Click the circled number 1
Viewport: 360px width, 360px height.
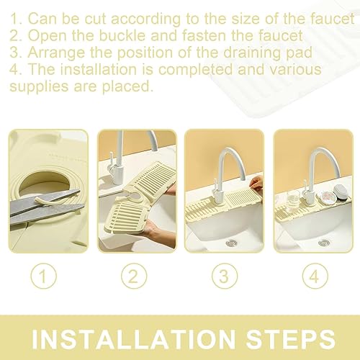44,276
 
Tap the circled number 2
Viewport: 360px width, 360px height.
134,276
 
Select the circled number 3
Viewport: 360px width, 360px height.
225,276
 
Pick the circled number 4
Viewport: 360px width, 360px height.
315,276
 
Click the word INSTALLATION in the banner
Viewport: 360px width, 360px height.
133,339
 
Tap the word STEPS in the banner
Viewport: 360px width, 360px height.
290,339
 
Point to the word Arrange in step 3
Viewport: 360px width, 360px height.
56,53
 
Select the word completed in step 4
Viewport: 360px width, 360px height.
195,70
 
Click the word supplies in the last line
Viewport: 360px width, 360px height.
39,86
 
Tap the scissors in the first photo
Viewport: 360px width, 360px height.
47,207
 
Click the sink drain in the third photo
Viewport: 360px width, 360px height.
231,243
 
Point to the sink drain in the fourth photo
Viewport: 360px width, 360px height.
325,243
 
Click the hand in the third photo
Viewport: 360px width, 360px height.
256,185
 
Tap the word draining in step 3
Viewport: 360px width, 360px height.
250,53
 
